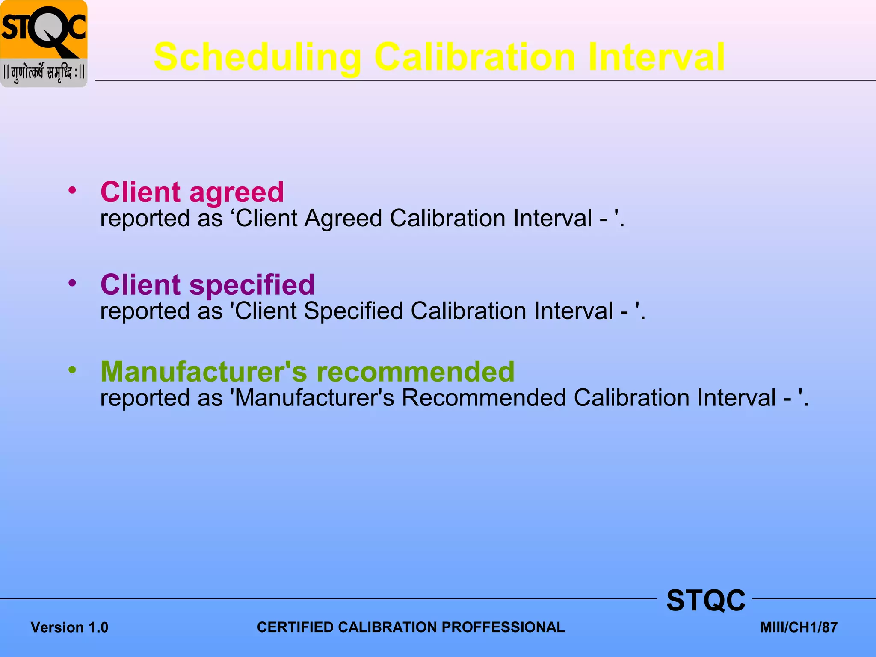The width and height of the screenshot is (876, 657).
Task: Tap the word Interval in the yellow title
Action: coord(656,57)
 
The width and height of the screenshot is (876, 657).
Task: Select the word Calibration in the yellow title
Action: coord(475,57)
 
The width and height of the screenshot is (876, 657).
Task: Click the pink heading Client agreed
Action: coord(192,192)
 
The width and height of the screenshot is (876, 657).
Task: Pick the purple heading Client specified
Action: coord(207,285)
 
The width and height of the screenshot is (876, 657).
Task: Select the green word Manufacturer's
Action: coord(204,371)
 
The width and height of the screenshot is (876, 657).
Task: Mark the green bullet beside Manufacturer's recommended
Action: coord(72,370)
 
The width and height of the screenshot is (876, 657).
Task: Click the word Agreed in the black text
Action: coord(343,219)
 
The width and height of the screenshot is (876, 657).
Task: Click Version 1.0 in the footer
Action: coord(69,627)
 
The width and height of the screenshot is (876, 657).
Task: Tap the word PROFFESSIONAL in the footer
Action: coord(503,627)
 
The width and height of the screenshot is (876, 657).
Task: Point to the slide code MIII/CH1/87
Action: coord(799,627)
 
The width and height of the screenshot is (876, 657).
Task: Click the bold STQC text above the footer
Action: coord(706,601)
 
